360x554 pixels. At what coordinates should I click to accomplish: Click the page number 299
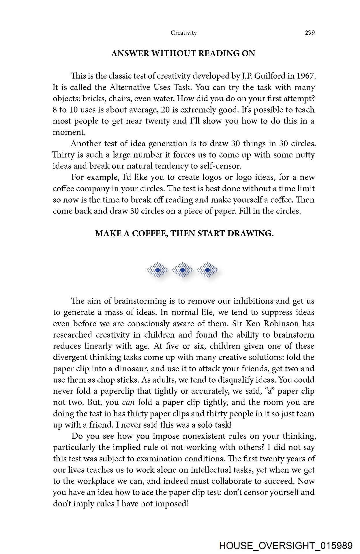[310, 33]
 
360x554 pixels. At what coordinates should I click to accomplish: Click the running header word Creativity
[183, 33]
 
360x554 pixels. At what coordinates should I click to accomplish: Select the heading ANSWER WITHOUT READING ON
[183, 53]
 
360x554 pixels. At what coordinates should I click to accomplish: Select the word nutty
[305, 155]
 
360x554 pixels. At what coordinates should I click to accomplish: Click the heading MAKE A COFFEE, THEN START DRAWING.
[184, 233]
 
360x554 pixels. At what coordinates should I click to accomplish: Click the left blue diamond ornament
[157, 270]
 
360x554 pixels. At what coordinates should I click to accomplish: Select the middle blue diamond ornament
[182, 270]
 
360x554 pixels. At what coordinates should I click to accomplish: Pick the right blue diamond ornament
[207, 270]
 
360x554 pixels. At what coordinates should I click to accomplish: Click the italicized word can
[128, 402]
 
